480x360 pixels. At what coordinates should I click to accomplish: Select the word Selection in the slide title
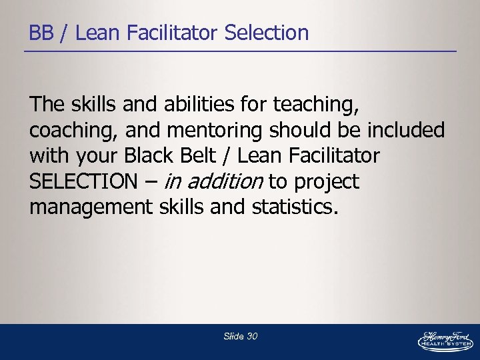coord(267,33)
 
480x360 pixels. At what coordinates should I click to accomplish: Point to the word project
coord(327,182)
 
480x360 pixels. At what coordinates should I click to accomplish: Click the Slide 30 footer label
coord(241,337)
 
